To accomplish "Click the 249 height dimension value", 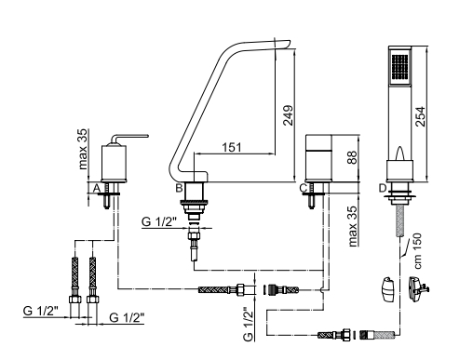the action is coord(289,115).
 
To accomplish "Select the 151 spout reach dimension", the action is coord(232,147).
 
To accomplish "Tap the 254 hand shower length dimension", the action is coord(420,116).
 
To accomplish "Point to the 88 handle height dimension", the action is coord(352,157).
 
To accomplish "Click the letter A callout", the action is coord(97,188).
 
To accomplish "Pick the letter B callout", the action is coord(179,188).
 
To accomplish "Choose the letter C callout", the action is coord(304,188).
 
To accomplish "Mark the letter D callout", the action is coord(383,188).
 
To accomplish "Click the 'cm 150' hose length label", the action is coord(418,251).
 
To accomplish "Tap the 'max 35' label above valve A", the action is coord(83,149).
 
